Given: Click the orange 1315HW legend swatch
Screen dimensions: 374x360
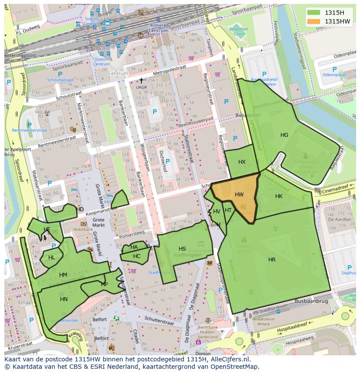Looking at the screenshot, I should tap(313, 21).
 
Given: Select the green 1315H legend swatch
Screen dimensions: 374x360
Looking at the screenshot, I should tap(313, 12).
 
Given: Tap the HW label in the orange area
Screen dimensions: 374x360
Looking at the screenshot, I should tap(239, 195).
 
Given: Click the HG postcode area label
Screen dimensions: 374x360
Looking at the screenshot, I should tap(284, 135).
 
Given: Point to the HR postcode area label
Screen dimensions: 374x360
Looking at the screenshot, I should tap(272, 260).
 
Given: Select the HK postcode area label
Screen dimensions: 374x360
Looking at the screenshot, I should tap(279, 196).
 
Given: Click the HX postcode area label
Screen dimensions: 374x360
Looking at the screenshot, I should tap(242, 162).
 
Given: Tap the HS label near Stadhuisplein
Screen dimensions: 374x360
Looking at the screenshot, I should tap(182, 249).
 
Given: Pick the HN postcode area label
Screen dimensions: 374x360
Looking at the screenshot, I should tap(64, 299).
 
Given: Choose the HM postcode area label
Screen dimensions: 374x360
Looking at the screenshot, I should tap(63, 275).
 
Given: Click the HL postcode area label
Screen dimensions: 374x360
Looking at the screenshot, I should tap(52, 258).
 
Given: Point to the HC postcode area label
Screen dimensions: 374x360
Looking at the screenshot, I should tap(137, 256).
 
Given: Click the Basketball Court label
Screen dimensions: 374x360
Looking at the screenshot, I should tap(238, 31).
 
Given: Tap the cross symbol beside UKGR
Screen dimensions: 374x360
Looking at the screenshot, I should tap(141, 81).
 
